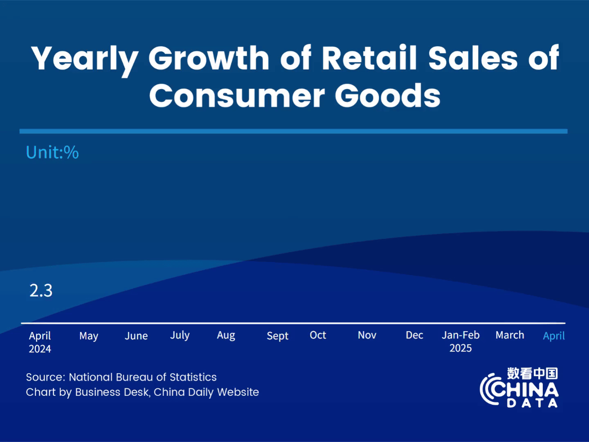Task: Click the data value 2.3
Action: (41, 291)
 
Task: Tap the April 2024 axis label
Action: (40, 342)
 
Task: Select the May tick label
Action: (89, 336)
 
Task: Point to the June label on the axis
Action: (136, 336)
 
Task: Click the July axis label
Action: (180, 335)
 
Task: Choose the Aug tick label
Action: (226, 336)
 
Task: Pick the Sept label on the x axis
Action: (277, 336)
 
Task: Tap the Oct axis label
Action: (318, 335)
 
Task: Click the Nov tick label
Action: (367, 335)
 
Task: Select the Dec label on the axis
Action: (414, 335)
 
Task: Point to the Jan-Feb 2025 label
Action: (461, 341)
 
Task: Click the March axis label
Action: (510, 335)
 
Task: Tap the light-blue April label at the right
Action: (554, 336)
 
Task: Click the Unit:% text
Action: (52, 152)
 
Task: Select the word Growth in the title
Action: (209, 58)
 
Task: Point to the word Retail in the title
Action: (369, 58)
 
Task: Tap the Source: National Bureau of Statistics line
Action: (121, 377)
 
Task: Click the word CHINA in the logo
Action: (526, 390)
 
